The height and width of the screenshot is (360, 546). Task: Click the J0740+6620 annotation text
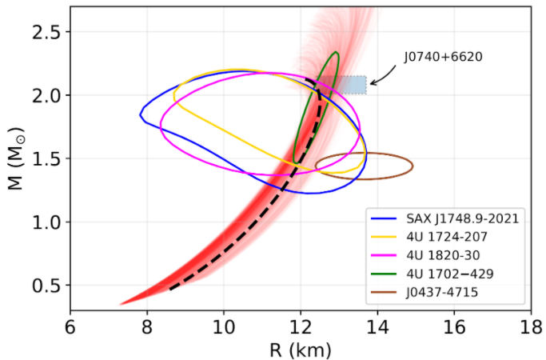click(441, 58)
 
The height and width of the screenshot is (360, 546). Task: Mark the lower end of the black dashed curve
click(170, 289)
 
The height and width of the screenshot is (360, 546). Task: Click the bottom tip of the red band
click(121, 304)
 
